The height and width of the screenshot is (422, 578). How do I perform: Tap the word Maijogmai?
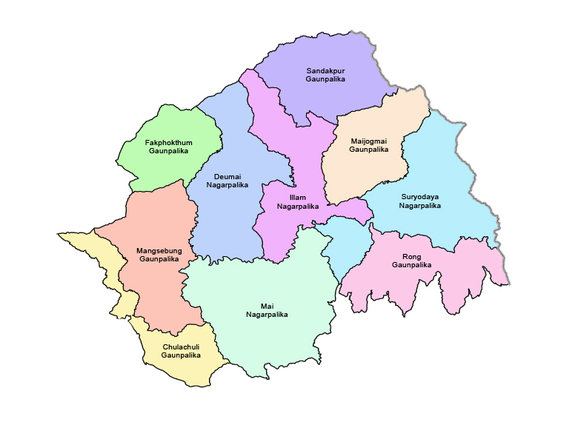pyautogui.click(x=368, y=141)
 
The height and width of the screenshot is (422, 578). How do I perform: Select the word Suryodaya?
pyautogui.click(x=419, y=197)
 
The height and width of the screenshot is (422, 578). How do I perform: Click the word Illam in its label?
pyautogui.click(x=297, y=198)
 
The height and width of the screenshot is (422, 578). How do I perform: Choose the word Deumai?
pyautogui.click(x=227, y=176)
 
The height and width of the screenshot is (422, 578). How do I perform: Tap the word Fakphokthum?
pyautogui.click(x=168, y=142)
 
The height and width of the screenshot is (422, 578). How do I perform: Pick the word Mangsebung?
pyautogui.click(x=159, y=251)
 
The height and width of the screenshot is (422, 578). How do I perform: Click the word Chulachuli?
pyautogui.click(x=181, y=346)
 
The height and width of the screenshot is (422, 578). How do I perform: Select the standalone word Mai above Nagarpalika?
pyautogui.click(x=267, y=306)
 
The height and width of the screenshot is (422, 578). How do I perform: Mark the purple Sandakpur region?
pyautogui.click(x=326, y=52)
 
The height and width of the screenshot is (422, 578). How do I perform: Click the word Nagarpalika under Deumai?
pyautogui.click(x=227, y=185)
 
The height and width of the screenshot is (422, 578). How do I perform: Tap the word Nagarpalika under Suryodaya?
pyautogui.click(x=419, y=206)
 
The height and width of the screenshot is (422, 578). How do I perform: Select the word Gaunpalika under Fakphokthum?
pyautogui.click(x=168, y=151)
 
